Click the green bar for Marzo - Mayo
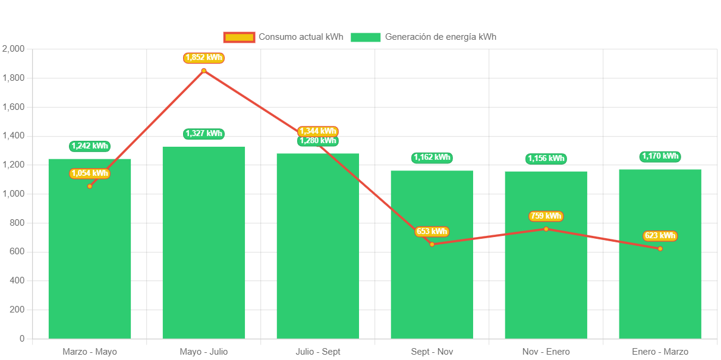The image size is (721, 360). coord(90,261)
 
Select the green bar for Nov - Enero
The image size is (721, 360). coord(546,279)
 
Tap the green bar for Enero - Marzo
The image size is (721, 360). coord(660,285)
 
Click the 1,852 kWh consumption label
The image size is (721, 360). coord(203,58)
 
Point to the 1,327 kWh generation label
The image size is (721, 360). coord(203,134)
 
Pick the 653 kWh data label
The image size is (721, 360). coord(432,231)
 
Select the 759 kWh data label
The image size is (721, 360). coord(546,216)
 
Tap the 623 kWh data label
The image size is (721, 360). coord(660,236)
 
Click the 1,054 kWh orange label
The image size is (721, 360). coord(90,173)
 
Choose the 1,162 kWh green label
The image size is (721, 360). coord(432,158)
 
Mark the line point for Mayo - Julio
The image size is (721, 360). coord(204,71)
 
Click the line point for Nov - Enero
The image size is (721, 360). coord(546,229)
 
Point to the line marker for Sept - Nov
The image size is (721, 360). coord(432,244)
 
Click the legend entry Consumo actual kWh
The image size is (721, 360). coord(284,37)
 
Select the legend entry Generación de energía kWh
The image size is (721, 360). coord(423,37)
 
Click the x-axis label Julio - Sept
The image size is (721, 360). coord(317,352)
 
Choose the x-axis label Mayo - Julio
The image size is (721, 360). coord(203,352)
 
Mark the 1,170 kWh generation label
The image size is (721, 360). coord(660,156)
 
